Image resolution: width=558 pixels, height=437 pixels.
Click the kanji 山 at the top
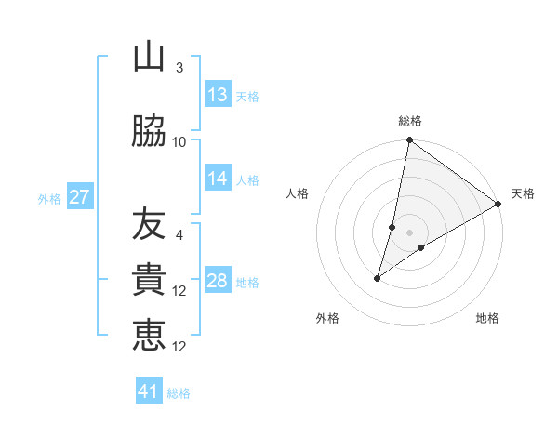tap(149, 57)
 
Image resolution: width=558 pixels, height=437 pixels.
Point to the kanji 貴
tap(149, 280)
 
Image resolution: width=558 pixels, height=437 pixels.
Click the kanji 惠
tap(149, 335)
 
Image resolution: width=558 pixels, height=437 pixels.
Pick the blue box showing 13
tap(218, 95)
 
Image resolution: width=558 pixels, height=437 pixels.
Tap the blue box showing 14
tap(218, 179)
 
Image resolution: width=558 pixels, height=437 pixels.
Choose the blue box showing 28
tap(218, 281)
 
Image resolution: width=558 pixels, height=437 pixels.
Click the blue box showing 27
tap(79, 197)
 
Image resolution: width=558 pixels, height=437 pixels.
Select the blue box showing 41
tap(149, 391)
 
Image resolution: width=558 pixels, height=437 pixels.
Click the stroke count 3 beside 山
tap(179, 68)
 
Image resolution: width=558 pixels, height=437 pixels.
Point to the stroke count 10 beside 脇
tap(179, 141)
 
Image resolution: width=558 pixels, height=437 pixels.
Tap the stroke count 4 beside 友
tap(179, 234)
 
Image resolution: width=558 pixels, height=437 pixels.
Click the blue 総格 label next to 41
tap(179, 393)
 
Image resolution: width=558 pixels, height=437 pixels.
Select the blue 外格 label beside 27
tap(49, 198)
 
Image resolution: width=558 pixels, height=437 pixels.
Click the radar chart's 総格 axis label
tap(410, 121)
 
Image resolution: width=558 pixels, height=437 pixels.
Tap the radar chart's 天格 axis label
tap(523, 193)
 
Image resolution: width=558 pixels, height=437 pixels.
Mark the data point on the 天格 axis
tap(498, 204)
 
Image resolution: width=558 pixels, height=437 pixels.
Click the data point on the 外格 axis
tap(378, 277)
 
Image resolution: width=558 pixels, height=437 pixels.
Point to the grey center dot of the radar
tap(409, 232)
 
